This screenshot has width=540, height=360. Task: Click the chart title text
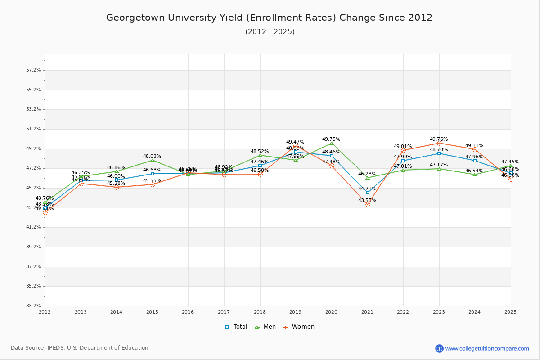(269, 18)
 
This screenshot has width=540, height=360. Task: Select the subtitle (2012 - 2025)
(270, 32)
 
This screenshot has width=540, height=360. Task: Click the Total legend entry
(236, 327)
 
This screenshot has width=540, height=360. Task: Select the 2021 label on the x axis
(368, 311)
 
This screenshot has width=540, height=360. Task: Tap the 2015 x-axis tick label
(153, 311)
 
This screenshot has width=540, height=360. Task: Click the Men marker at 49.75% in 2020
(332, 143)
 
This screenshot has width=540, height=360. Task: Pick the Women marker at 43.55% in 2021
(368, 204)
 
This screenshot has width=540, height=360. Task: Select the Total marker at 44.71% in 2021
(368, 193)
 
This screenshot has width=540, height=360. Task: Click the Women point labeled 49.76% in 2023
(439, 143)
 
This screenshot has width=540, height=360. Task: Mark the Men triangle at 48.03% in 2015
(153, 160)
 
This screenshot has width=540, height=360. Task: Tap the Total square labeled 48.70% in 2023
(439, 153)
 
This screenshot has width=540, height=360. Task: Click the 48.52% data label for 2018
(260, 152)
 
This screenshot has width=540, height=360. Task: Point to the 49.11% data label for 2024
(474, 146)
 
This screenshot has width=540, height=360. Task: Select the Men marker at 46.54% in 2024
(475, 175)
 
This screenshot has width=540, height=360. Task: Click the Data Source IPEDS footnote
(80, 348)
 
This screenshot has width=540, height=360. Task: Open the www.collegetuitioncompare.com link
(487, 348)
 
